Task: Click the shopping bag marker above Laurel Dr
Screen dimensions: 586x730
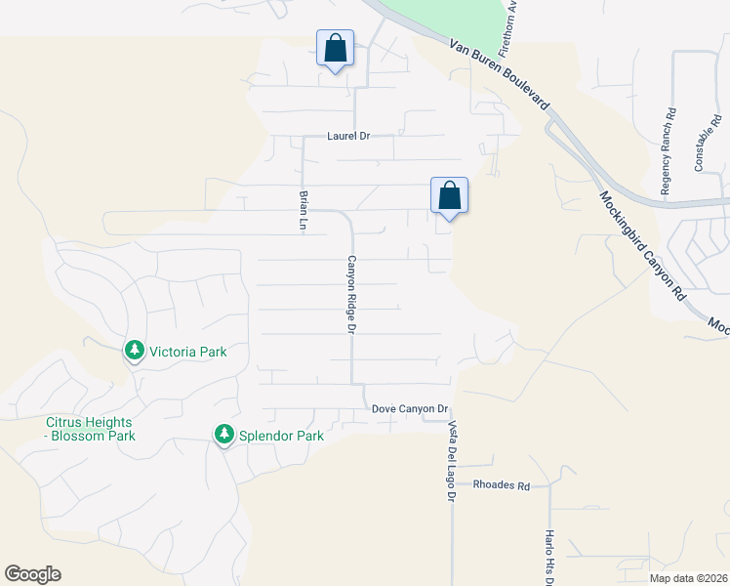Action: click(335, 48)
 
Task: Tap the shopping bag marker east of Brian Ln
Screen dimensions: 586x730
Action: click(449, 195)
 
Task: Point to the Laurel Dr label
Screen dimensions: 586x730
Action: click(348, 137)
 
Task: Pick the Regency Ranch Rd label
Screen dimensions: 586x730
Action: click(668, 152)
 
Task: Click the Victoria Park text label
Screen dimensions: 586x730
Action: click(187, 351)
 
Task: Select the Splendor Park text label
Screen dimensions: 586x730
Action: click(282, 437)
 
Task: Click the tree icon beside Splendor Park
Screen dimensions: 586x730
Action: click(224, 435)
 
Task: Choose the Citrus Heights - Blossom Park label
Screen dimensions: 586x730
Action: click(90, 430)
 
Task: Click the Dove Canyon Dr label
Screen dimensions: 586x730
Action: click(409, 409)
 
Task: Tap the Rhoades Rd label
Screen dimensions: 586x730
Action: click(501, 485)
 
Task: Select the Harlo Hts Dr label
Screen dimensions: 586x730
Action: click(549, 558)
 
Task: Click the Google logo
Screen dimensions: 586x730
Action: click(32, 574)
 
